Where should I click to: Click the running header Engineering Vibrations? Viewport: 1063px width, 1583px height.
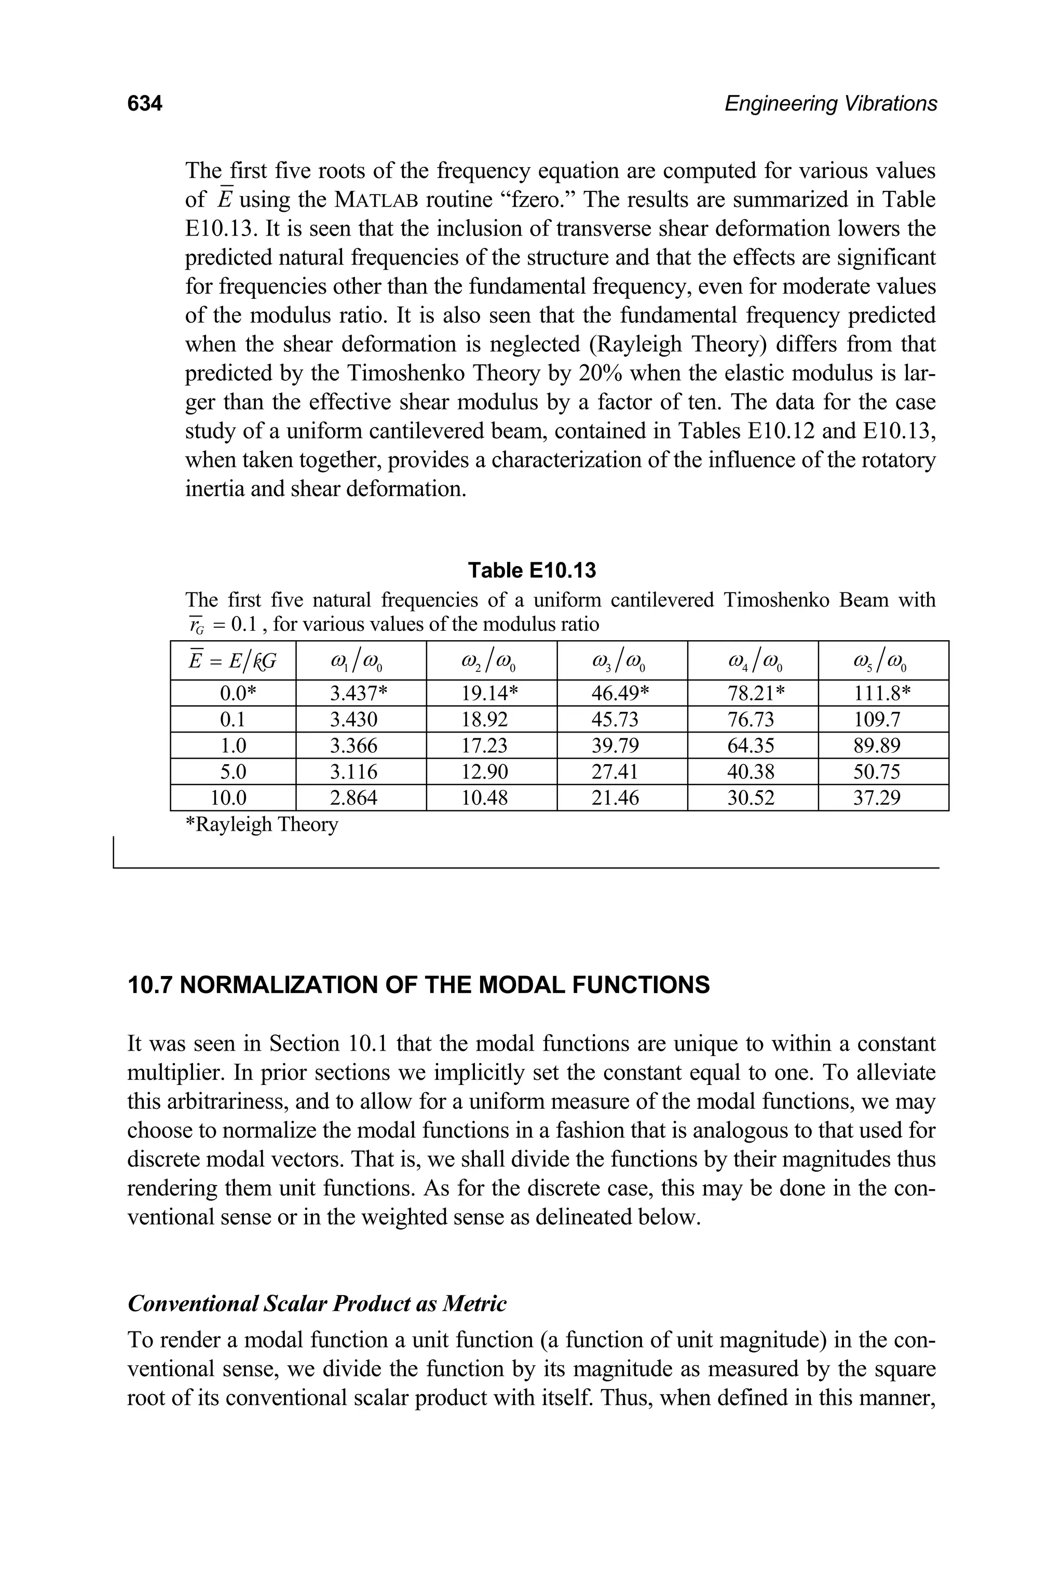(830, 104)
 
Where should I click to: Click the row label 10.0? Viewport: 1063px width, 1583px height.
(233, 797)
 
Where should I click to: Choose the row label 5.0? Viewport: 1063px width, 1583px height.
(233, 772)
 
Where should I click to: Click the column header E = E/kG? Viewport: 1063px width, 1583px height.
(233, 660)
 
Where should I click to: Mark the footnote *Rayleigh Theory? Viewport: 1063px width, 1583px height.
(262, 824)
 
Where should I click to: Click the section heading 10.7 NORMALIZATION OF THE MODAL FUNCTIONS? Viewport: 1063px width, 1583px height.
(418, 985)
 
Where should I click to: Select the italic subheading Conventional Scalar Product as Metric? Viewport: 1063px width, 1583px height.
(317, 1303)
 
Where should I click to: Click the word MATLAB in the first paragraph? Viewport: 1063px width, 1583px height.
(376, 200)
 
